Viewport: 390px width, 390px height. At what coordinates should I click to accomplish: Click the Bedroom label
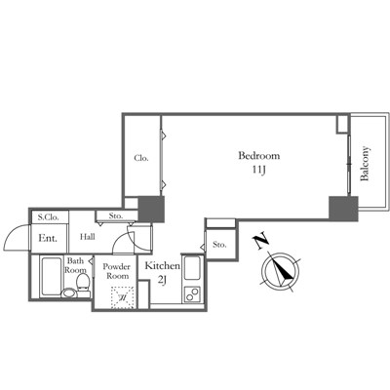(x=258, y=156)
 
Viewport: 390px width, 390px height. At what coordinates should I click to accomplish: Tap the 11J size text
(x=259, y=171)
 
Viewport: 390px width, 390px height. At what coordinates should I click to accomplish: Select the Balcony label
(x=365, y=164)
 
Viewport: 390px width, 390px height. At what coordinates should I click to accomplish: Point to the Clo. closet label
(x=141, y=158)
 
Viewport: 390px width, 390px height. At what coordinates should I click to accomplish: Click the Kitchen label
(x=162, y=266)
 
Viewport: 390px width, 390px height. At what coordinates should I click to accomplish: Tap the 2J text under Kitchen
(x=162, y=280)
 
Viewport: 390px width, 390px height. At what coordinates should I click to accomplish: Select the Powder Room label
(x=116, y=271)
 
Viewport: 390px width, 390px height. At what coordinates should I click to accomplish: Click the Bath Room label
(x=75, y=265)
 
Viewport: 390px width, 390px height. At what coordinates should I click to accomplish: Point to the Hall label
(x=88, y=237)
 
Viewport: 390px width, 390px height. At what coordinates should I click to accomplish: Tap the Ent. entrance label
(x=48, y=238)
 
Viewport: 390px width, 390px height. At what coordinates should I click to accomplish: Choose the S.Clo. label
(x=49, y=217)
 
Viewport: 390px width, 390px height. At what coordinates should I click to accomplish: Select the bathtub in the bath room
(x=51, y=276)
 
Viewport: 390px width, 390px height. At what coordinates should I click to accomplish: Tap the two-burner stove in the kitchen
(x=192, y=293)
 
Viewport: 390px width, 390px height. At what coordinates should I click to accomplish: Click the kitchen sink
(x=192, y=269)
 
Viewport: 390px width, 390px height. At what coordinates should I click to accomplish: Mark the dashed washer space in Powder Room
(x=123, y=297)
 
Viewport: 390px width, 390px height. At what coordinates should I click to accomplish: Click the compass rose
(x=281, y=271)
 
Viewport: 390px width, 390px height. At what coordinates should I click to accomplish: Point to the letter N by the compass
(x=260, y=241)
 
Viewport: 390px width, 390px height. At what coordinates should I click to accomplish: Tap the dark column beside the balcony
(x=343, y=209)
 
